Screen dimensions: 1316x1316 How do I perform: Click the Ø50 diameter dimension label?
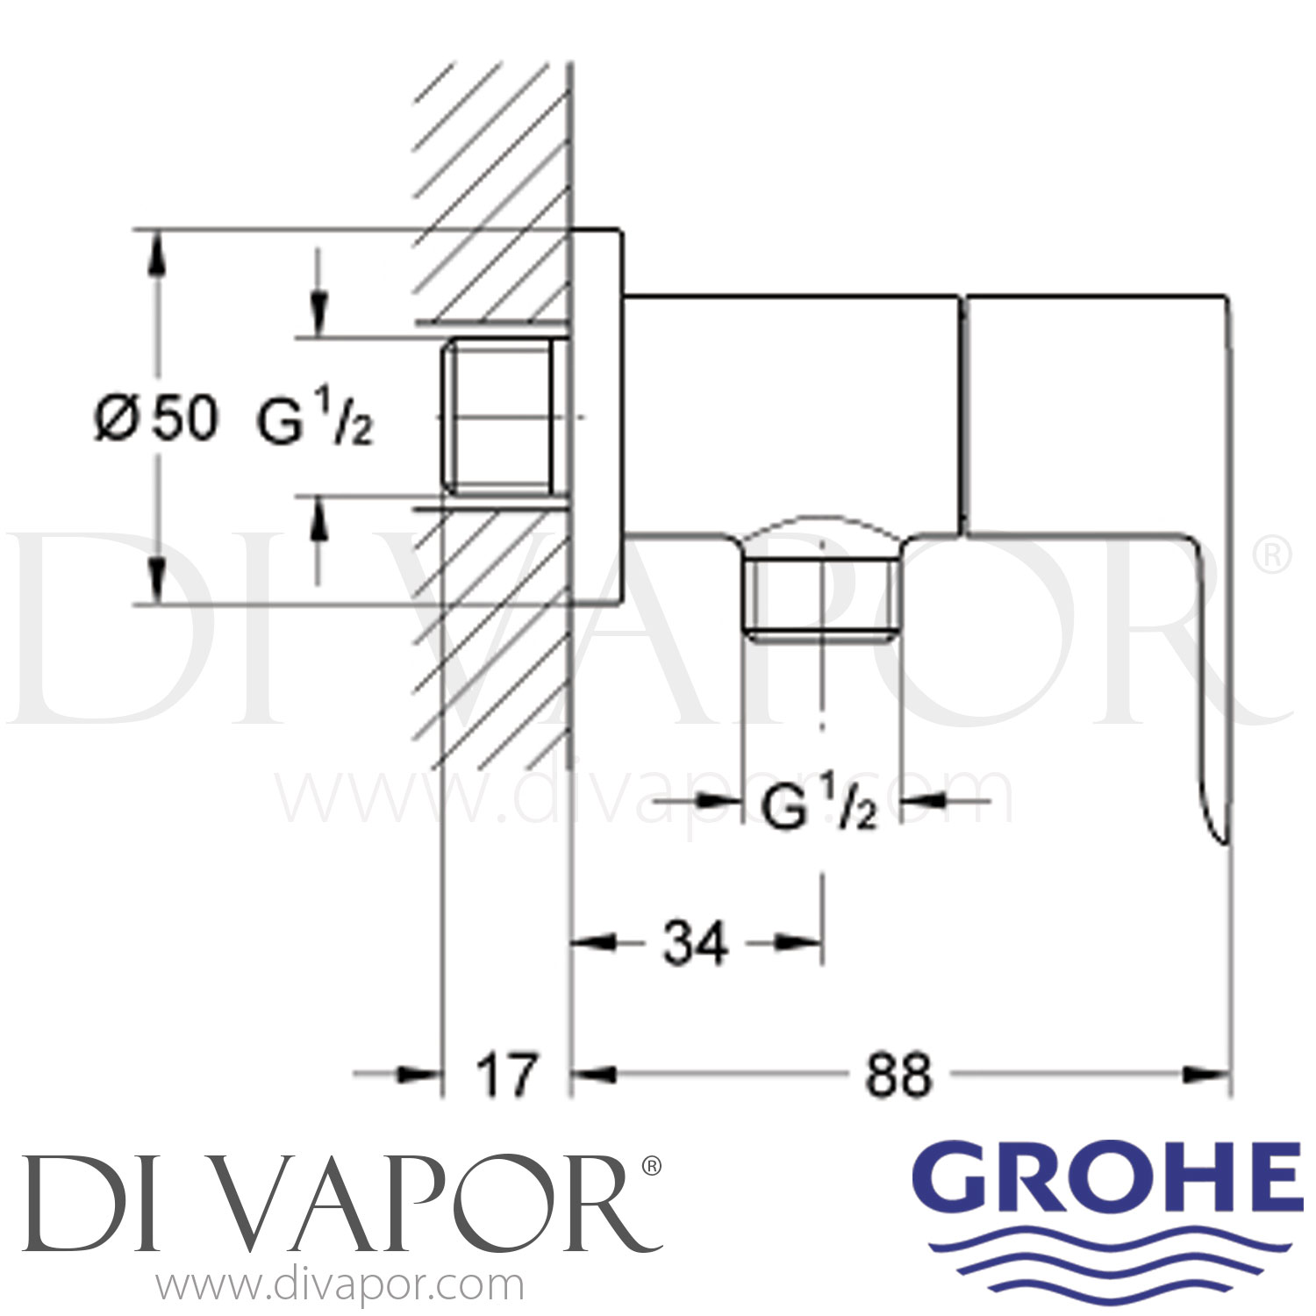[x=154, y=418]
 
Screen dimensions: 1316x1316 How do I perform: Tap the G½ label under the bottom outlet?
[x=819, y=809]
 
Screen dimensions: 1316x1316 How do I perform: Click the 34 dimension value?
[x=695, y=944]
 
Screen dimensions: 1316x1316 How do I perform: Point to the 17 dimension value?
[x=506, y=1075]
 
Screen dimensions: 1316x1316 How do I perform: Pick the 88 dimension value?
[x=898, y=1075]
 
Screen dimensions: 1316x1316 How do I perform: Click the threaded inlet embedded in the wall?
[x=500, y=418]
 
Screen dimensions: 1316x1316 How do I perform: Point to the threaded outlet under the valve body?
[x=822, y=597]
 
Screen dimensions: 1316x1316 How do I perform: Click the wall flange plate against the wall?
[x=597, y=418]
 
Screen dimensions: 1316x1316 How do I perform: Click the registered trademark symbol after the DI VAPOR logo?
[x=652, y=1166]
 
